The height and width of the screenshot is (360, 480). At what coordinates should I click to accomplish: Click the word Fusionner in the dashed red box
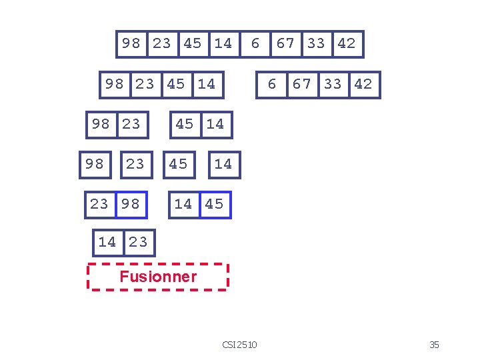[x=158, y=277]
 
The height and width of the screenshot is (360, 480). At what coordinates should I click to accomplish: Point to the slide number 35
[x=434, y=345]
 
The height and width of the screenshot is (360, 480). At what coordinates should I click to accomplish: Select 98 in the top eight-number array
[x=131, y=44]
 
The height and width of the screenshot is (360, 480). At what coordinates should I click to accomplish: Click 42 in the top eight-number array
[x=347, y=44]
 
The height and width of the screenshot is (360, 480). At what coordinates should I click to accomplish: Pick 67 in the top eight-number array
[x=285, y=44]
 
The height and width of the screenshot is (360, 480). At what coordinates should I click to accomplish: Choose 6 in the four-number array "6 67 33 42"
[x=271, y=85]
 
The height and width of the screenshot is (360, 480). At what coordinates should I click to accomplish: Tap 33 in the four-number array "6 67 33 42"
[x=333, y=85]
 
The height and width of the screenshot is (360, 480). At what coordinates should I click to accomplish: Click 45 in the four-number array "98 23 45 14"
[x=176, y=85]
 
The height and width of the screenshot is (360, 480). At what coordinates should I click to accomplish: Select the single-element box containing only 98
[x=95, y=164]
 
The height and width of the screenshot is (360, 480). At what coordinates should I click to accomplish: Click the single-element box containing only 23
[x=135, y=164]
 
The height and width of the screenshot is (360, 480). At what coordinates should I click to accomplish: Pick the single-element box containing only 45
[x=179, y=164]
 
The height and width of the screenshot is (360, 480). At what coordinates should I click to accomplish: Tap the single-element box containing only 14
[x=223, y=164]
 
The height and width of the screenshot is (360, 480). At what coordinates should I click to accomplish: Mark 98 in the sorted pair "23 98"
[x=131, y=204]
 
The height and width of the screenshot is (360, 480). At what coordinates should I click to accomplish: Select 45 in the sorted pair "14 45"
[x=214, y=204]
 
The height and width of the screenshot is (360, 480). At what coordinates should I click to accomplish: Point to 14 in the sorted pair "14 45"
[x=183, y=204]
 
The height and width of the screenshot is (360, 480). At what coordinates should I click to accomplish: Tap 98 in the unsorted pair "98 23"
[x=101, y=124]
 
